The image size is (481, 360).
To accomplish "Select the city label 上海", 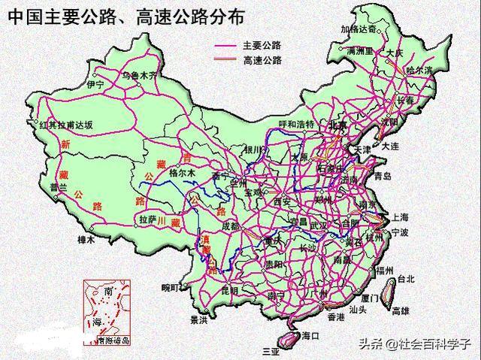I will tap(398, 216).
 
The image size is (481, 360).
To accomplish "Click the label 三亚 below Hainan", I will tap(269, 351).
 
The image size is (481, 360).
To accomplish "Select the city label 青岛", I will tap(383, 177).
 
